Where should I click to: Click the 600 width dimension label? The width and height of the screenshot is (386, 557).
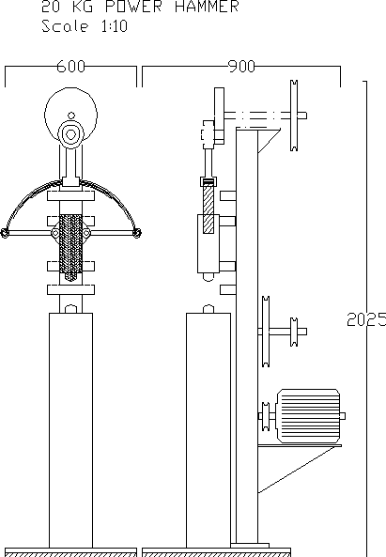[x=71, y=67]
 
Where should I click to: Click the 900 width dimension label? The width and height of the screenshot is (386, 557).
[x=241, y=67]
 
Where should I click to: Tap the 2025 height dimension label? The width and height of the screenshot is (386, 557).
[x=366, y=319]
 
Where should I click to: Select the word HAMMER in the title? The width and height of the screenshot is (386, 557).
[x=207, y=7]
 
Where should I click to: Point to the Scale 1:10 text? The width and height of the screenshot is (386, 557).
[x=85, y=26]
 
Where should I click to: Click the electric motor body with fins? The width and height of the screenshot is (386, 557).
[x=308, y=416]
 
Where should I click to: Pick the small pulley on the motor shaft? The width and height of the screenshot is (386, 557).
[x=265, y=416]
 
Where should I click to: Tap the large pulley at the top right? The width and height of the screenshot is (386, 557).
[x=294, y=116]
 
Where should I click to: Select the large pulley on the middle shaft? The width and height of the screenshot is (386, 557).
[x=266, y=331]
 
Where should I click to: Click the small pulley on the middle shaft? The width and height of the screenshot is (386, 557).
[x=294, y=332]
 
